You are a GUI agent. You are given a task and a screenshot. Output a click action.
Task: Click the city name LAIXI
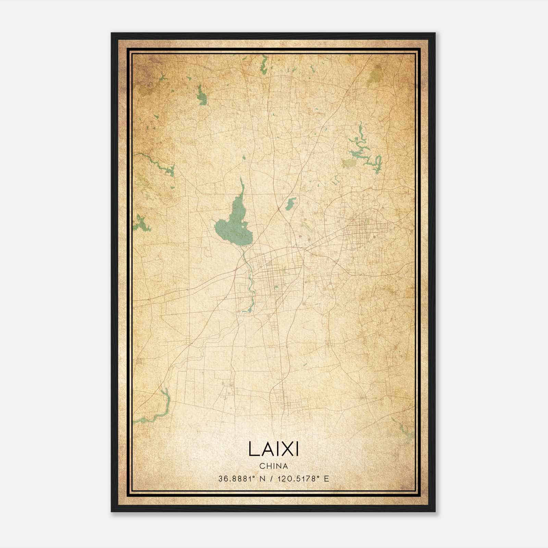273,449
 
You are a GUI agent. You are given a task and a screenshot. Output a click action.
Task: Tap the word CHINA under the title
273,466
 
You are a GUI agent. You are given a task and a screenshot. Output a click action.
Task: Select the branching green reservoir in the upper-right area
363,151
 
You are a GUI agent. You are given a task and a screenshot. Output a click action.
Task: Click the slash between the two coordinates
272,479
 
